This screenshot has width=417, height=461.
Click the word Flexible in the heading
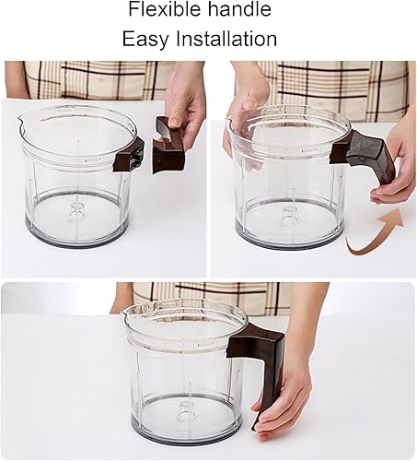pos(165,9)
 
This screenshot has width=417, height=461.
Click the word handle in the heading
pos(240,9)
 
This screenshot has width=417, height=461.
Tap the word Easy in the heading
pos(145,39)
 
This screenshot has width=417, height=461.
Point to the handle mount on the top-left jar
pos(129,155)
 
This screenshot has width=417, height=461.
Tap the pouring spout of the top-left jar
pos(21,122)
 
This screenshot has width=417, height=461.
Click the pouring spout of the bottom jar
pos(126,313)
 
